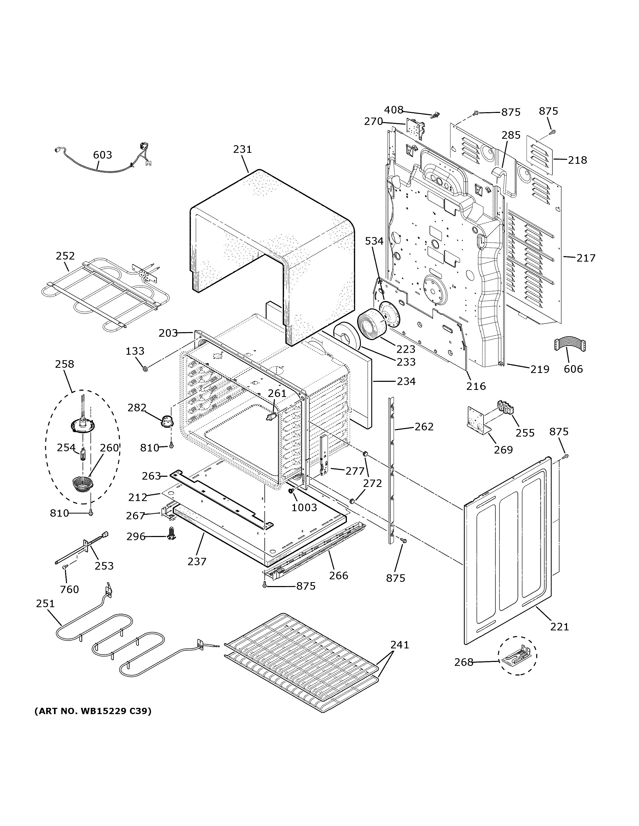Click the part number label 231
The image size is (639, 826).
(242, 149)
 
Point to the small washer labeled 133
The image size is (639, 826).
(144, 368)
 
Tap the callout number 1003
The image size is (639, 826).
(304, 507)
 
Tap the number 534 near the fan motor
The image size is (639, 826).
(374, 241)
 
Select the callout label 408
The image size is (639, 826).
(394, 110)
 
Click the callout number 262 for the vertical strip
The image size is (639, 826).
(424, 427)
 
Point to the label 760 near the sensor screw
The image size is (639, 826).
(70, 589)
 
